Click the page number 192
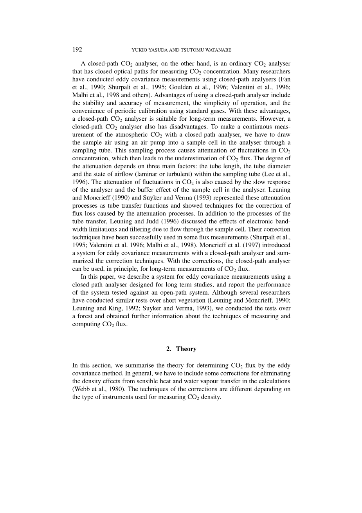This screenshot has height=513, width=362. pos(77,49)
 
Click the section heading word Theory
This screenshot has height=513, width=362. pos(186,349)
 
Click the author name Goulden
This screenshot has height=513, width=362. pos(180,87)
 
